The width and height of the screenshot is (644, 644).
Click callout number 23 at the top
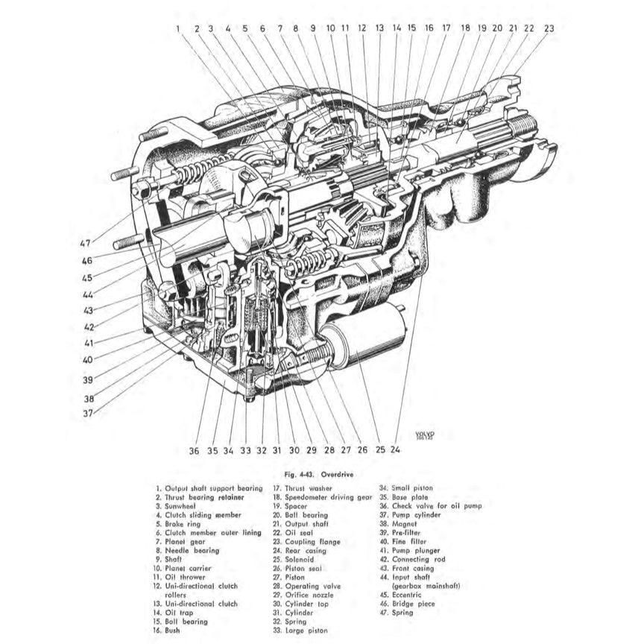pyautogui.click(x=549, y=28)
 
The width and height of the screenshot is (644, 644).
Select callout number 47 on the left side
pyautogui.click(x=86, y=243)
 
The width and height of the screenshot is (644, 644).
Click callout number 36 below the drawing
pyautogui.click(x=194, y=450)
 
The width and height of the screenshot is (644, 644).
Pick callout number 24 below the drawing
pyautogui.click(x=395, y=449)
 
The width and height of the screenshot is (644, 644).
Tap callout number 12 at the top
pyautogui.click(x=362, y=28)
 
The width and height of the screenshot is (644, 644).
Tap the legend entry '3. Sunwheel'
pyautogui.click(x=174, y=505)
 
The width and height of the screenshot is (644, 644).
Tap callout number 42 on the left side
pyautogui.click(x=89, y=326)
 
